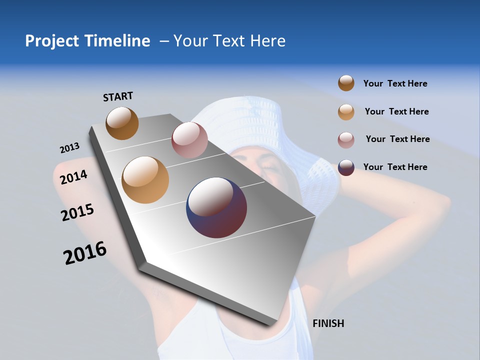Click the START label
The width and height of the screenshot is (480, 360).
click(118, 96)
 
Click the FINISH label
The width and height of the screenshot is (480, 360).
click(328, 323)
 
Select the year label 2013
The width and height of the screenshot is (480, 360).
click(69, 148)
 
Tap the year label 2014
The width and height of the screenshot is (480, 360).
click(73, 177)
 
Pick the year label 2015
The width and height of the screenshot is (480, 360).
click(77, 212)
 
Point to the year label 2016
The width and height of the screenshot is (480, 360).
click(85, 253)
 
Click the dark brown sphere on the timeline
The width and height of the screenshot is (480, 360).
click(122, 123)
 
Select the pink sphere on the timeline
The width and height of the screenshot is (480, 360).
click(189, 140)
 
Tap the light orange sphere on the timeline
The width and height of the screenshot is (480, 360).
click(145, 180)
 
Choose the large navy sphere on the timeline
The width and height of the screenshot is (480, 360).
click(216, 207)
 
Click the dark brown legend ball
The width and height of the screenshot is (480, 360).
click(346, 83)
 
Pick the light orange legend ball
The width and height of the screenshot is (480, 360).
click(346, 112)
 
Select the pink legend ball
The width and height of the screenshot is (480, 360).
click(346, 140)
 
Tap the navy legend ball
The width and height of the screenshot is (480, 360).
click(346, 167)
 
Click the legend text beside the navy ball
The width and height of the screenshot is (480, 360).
click(395, 167)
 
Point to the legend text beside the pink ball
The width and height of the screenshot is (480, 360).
click(397, 139)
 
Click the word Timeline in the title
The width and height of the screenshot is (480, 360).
click(117, 41)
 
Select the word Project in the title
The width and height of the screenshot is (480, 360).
click(52, 41)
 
